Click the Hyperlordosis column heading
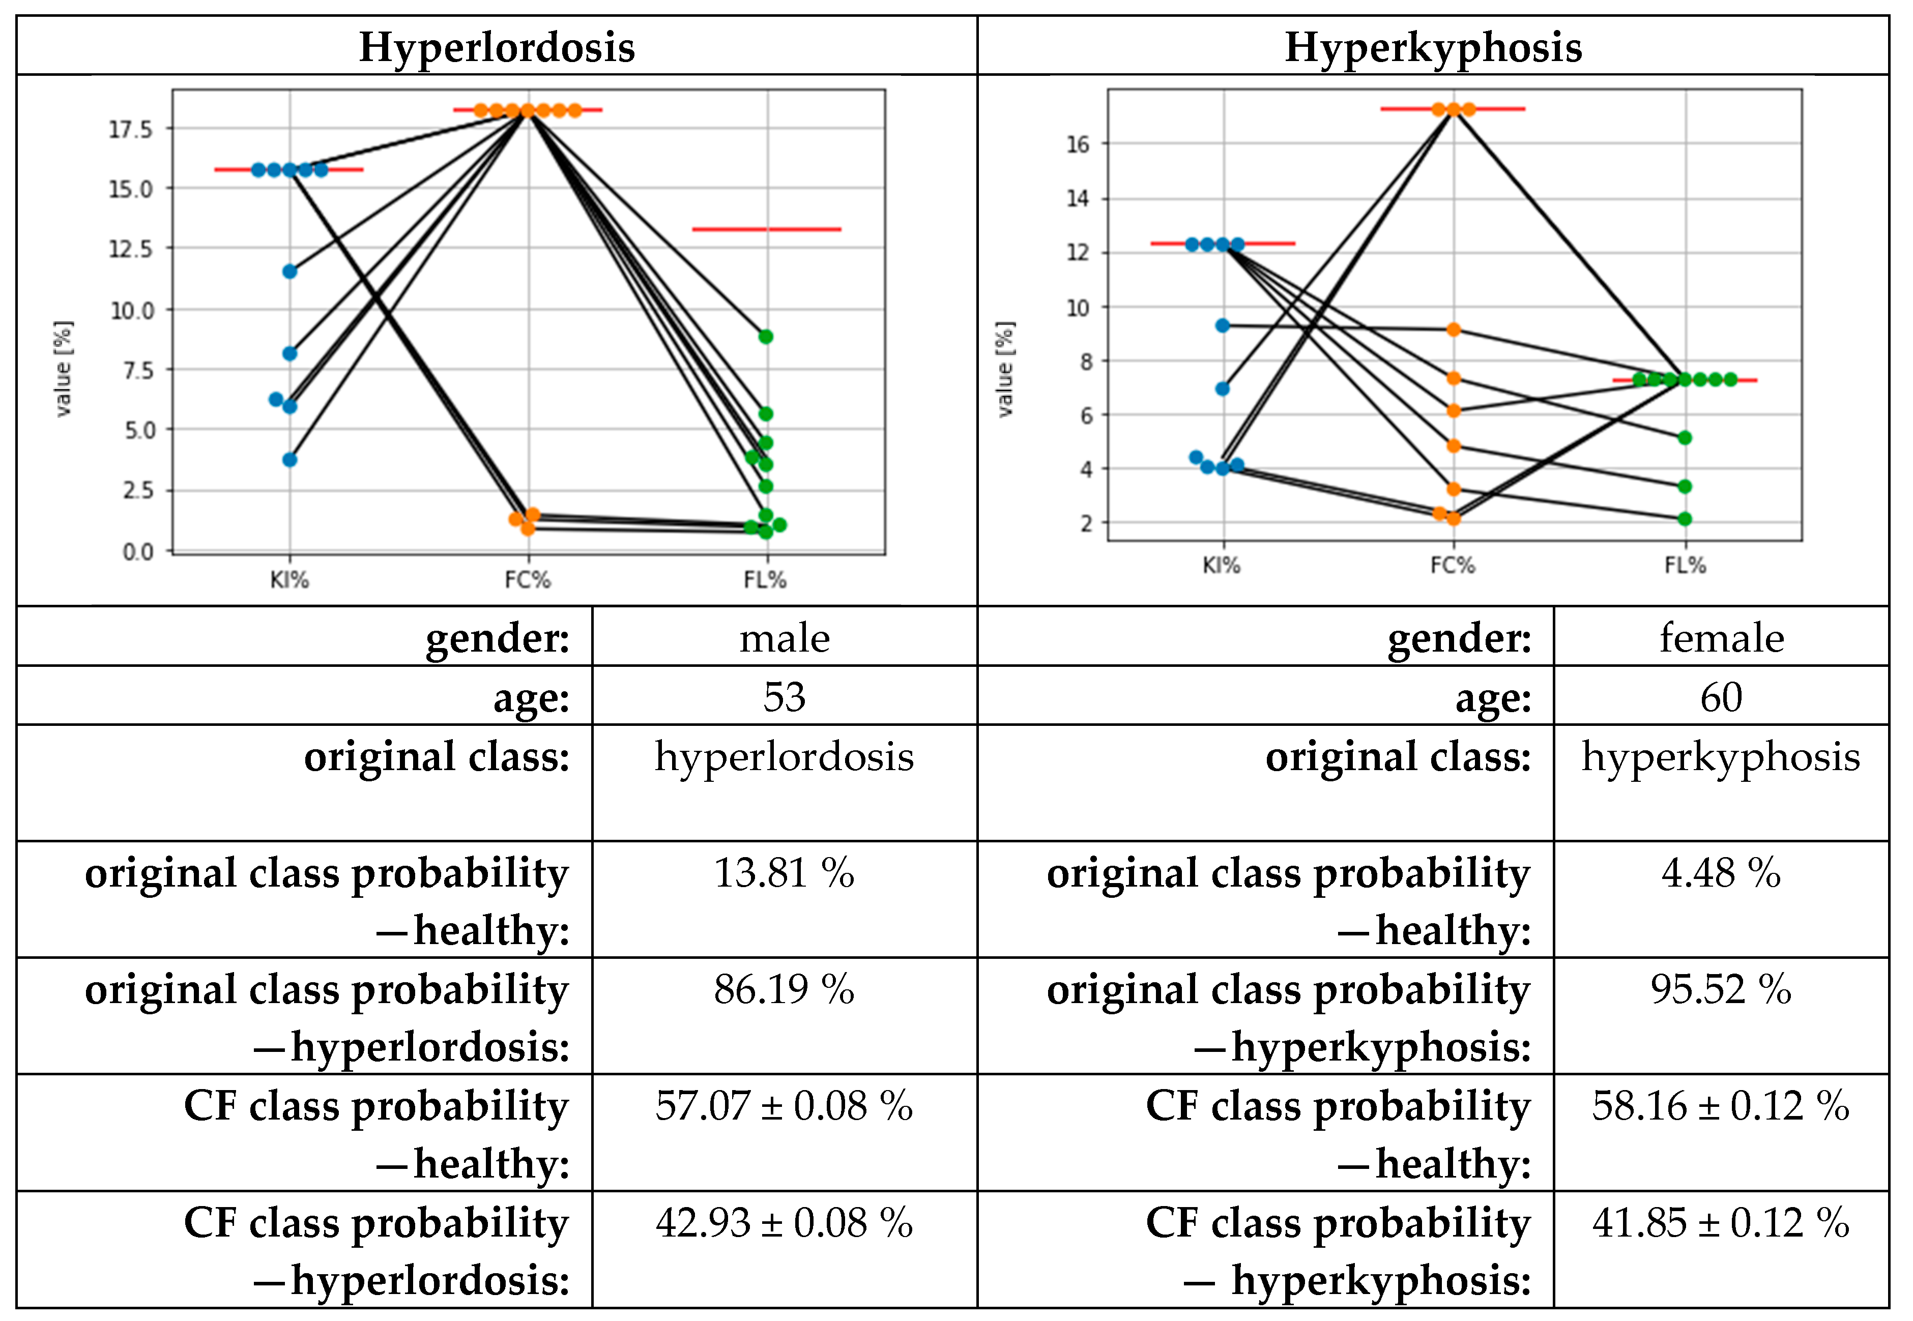pyautogui.click(x=497, y=47)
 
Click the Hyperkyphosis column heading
pyautogui.click(x=1433, y=47)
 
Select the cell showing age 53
pyautogui.click(x=784, y=697)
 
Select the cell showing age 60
pyautogui.click(x=1721, y=697)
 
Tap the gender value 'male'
pyautogui.click(x=784, y=638)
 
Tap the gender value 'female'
pyautogui.click(x=1721, y=638)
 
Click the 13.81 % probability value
pyautogui.click(x=784, y=873)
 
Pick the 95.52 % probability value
pyautogui.click(x=1721, y=989)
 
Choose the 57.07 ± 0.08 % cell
pyautogui.click(x=784, y=1106)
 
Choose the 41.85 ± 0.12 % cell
pyautogui.click(x=1721, y=1222)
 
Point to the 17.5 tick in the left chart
pyautogui.click(x=131, y=129)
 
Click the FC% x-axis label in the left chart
pyautogui.click(x=527, y=579)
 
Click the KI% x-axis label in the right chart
pyautogui.click(x=1221, y=565)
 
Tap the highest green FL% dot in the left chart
pyautogui.click(x=766, y=337)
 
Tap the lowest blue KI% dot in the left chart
pyautogui.click(x=289, y=459)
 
